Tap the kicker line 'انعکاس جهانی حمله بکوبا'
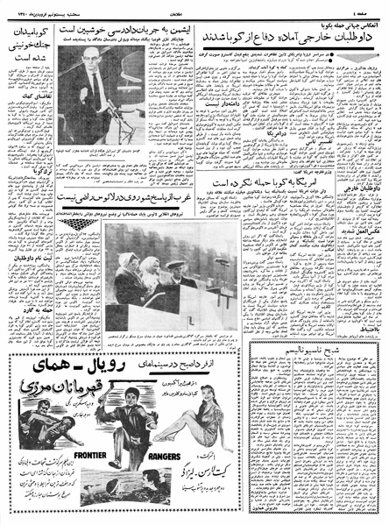341,24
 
